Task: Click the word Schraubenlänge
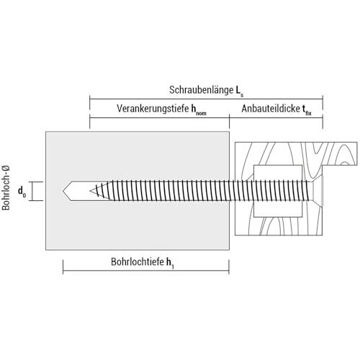click(x=201, y=90)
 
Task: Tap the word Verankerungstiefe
click(x=153, y=109)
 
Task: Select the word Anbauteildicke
click(x=271, y=109)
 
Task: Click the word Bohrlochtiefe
click(x=138, y=261)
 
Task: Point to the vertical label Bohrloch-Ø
click(x=6, y=188)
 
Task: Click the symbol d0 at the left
click(x=22, y=192)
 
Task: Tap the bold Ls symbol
click(x=239, y=91)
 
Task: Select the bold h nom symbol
click(x=199, y=109)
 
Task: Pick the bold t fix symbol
click(x=307, y=109)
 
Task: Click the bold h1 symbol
click(x=170, y=263)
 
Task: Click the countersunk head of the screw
click(x=318, y=191)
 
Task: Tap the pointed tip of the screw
click(x=90, y=191)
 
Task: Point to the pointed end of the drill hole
click(x=63, y=191)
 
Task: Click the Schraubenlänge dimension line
click(x=206, y=99)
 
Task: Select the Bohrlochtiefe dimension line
click(x=146, y=271)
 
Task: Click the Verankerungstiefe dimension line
click(x=160, y=117)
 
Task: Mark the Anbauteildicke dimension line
click(x=276, y=117)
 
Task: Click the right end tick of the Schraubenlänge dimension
click(x=323, y=99)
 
